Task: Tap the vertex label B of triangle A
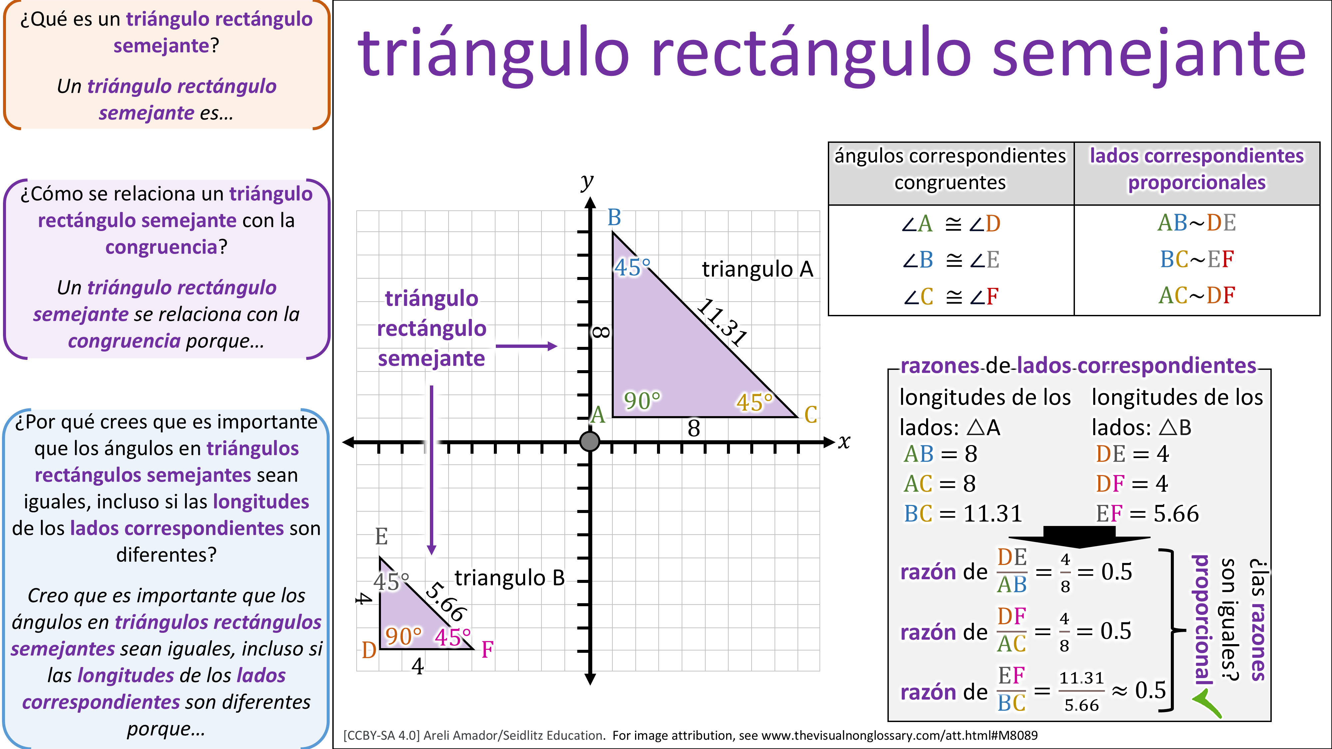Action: click(x=614, y=218)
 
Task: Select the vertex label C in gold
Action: click(x=811, y=414)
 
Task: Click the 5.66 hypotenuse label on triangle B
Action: click(x=446, y=602)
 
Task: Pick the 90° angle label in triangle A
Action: click(x=642, y=400)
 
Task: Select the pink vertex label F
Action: click(x=487, y=650)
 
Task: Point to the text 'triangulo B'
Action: click(x=509, y=578)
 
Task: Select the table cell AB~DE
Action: click(x=1196, y=223)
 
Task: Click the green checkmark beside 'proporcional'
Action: click(x=1207, y=704)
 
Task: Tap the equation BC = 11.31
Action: click(x=963, y=514)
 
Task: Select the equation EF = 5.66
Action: click(x=1147, y=514)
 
